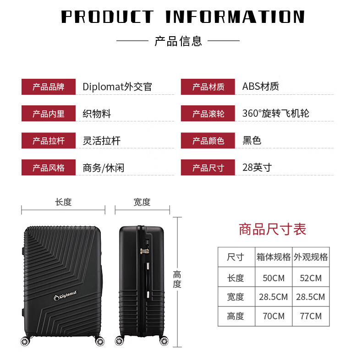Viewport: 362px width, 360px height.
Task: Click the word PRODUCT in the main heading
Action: click(x=107, y=17)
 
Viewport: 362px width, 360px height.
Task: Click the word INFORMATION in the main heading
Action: click(x=235, y=17)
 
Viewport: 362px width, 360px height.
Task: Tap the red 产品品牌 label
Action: click(x=48, y=87)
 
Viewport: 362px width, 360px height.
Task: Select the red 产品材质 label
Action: click(x=208, y=87)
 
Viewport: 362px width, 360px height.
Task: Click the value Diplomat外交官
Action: click(x=117, y=87)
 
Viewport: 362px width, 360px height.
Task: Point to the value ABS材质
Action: click(x=260, y=86)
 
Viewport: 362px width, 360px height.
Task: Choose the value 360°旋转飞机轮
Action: click(x=275, y=113)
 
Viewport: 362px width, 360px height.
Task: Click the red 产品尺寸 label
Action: click(x=208, y=168)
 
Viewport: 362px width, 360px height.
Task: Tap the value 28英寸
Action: click(x=257, y=167)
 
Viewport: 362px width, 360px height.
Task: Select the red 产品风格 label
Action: click(x=48, y=168)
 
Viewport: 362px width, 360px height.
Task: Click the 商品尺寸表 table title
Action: click(x=272, y=229)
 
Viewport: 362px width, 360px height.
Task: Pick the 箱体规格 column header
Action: click(x=274, y=257)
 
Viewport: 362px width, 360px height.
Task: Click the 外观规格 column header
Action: click(x=311, y=257)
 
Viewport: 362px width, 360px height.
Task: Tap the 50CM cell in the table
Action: click(x=274, y=278)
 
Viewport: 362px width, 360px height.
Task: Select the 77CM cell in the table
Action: click(x=311, y=316)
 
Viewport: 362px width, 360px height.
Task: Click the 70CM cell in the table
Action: click(x=274, y=316)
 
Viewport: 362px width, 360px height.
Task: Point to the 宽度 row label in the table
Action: click(x=236, y=297)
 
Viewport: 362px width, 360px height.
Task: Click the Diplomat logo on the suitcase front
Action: click(x=67, y=297)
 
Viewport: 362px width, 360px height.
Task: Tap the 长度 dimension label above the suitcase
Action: click(x=63, y=202)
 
